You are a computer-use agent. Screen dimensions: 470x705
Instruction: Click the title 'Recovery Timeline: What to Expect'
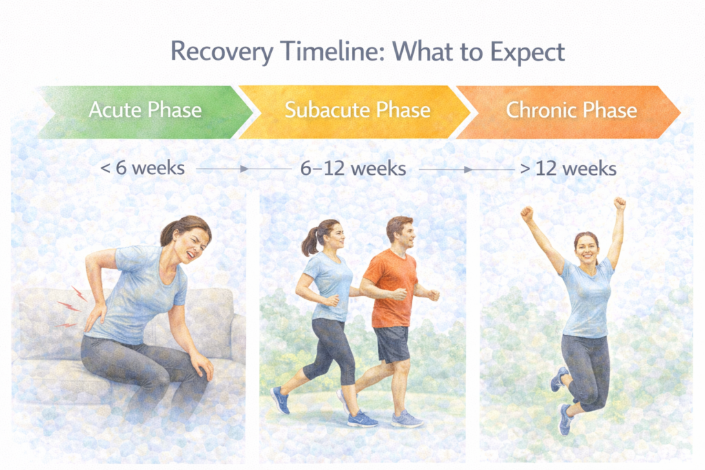368,52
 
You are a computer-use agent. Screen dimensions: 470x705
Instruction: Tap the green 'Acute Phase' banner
145,111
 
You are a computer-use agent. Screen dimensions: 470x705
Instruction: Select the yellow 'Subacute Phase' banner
357,111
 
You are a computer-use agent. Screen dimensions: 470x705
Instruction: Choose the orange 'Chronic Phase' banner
571,111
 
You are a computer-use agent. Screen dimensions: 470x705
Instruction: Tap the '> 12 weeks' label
567,168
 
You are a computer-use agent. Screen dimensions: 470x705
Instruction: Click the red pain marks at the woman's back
70,306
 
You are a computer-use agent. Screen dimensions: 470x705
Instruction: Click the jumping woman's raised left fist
619,204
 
